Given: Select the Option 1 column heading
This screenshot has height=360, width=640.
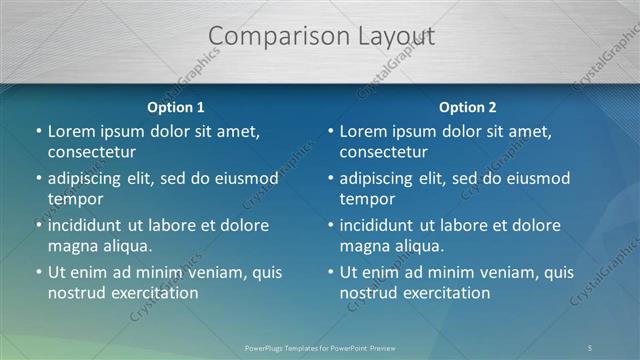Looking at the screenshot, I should click(175, 107).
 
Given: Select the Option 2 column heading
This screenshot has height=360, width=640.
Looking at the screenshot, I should click(467, 107).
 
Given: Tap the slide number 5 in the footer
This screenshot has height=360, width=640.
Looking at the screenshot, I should click(590, 347).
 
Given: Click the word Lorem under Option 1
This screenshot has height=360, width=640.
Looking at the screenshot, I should click(73, 131).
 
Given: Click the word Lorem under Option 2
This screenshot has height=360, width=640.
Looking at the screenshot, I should click(365, 131).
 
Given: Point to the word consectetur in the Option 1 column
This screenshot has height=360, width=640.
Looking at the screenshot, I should click(91, 152).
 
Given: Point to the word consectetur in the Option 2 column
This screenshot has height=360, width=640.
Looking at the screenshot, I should click(383, 152).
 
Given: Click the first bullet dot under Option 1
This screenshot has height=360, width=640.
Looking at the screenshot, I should click(38, 132).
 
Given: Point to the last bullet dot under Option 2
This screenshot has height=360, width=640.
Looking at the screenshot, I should click(330, 273).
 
